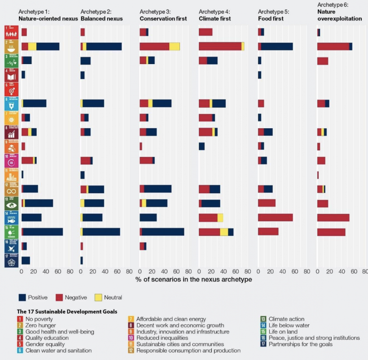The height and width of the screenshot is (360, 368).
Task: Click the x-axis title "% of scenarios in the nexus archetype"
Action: pyautogui.click(x=193, y=279)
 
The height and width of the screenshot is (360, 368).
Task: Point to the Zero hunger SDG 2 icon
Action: pyautogui.click(x=11, y=46)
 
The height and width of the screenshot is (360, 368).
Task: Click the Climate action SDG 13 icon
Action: pyautogui.click(x=11, y=203)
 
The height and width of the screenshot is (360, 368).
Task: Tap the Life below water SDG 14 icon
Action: pyautogui.click(x=11, y=217)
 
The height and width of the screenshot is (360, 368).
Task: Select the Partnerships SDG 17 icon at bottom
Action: pyautogui.click(x=11, y=260)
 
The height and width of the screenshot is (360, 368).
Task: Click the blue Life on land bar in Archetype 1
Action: pyautogui.click(x=43, y=232)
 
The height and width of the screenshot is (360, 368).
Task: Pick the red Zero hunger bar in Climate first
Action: pyautogui.click(x=220, y=46)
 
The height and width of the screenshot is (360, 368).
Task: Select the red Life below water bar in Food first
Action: pyautogui.click(x=275, y=217)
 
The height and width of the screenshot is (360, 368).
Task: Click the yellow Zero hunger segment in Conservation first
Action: pyautogui.click(x=175, y=46)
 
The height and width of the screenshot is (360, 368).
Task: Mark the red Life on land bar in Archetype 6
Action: pyautogui.click(x=331, y=232)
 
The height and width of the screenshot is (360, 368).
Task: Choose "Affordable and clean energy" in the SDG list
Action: pyautogui.click(x=171, y=319)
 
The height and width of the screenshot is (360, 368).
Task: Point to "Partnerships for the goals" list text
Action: pyautogui.click(x=301, y=344)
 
